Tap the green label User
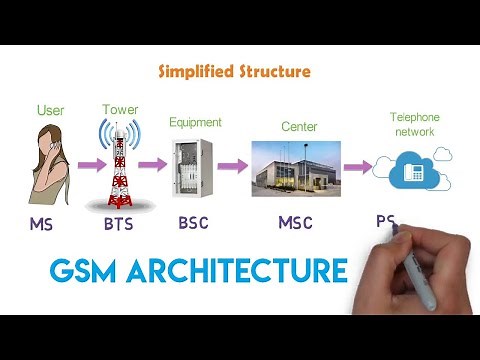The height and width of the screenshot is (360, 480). (50, 110)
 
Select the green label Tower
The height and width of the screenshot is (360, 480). (119, 109)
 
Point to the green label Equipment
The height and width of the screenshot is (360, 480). (195, 122)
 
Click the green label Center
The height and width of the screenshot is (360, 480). (295, 127)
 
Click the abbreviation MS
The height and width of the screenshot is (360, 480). (41, 224)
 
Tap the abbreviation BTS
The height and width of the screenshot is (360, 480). (119, 224)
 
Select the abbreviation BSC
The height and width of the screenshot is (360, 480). (194, 222)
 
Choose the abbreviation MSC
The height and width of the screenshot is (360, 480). (295, 222)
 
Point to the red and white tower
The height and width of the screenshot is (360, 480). (120, 165)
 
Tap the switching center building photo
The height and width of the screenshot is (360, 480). (295, 169)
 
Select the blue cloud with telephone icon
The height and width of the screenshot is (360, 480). (411, 169)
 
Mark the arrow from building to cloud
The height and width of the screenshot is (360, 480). (356, 167)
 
